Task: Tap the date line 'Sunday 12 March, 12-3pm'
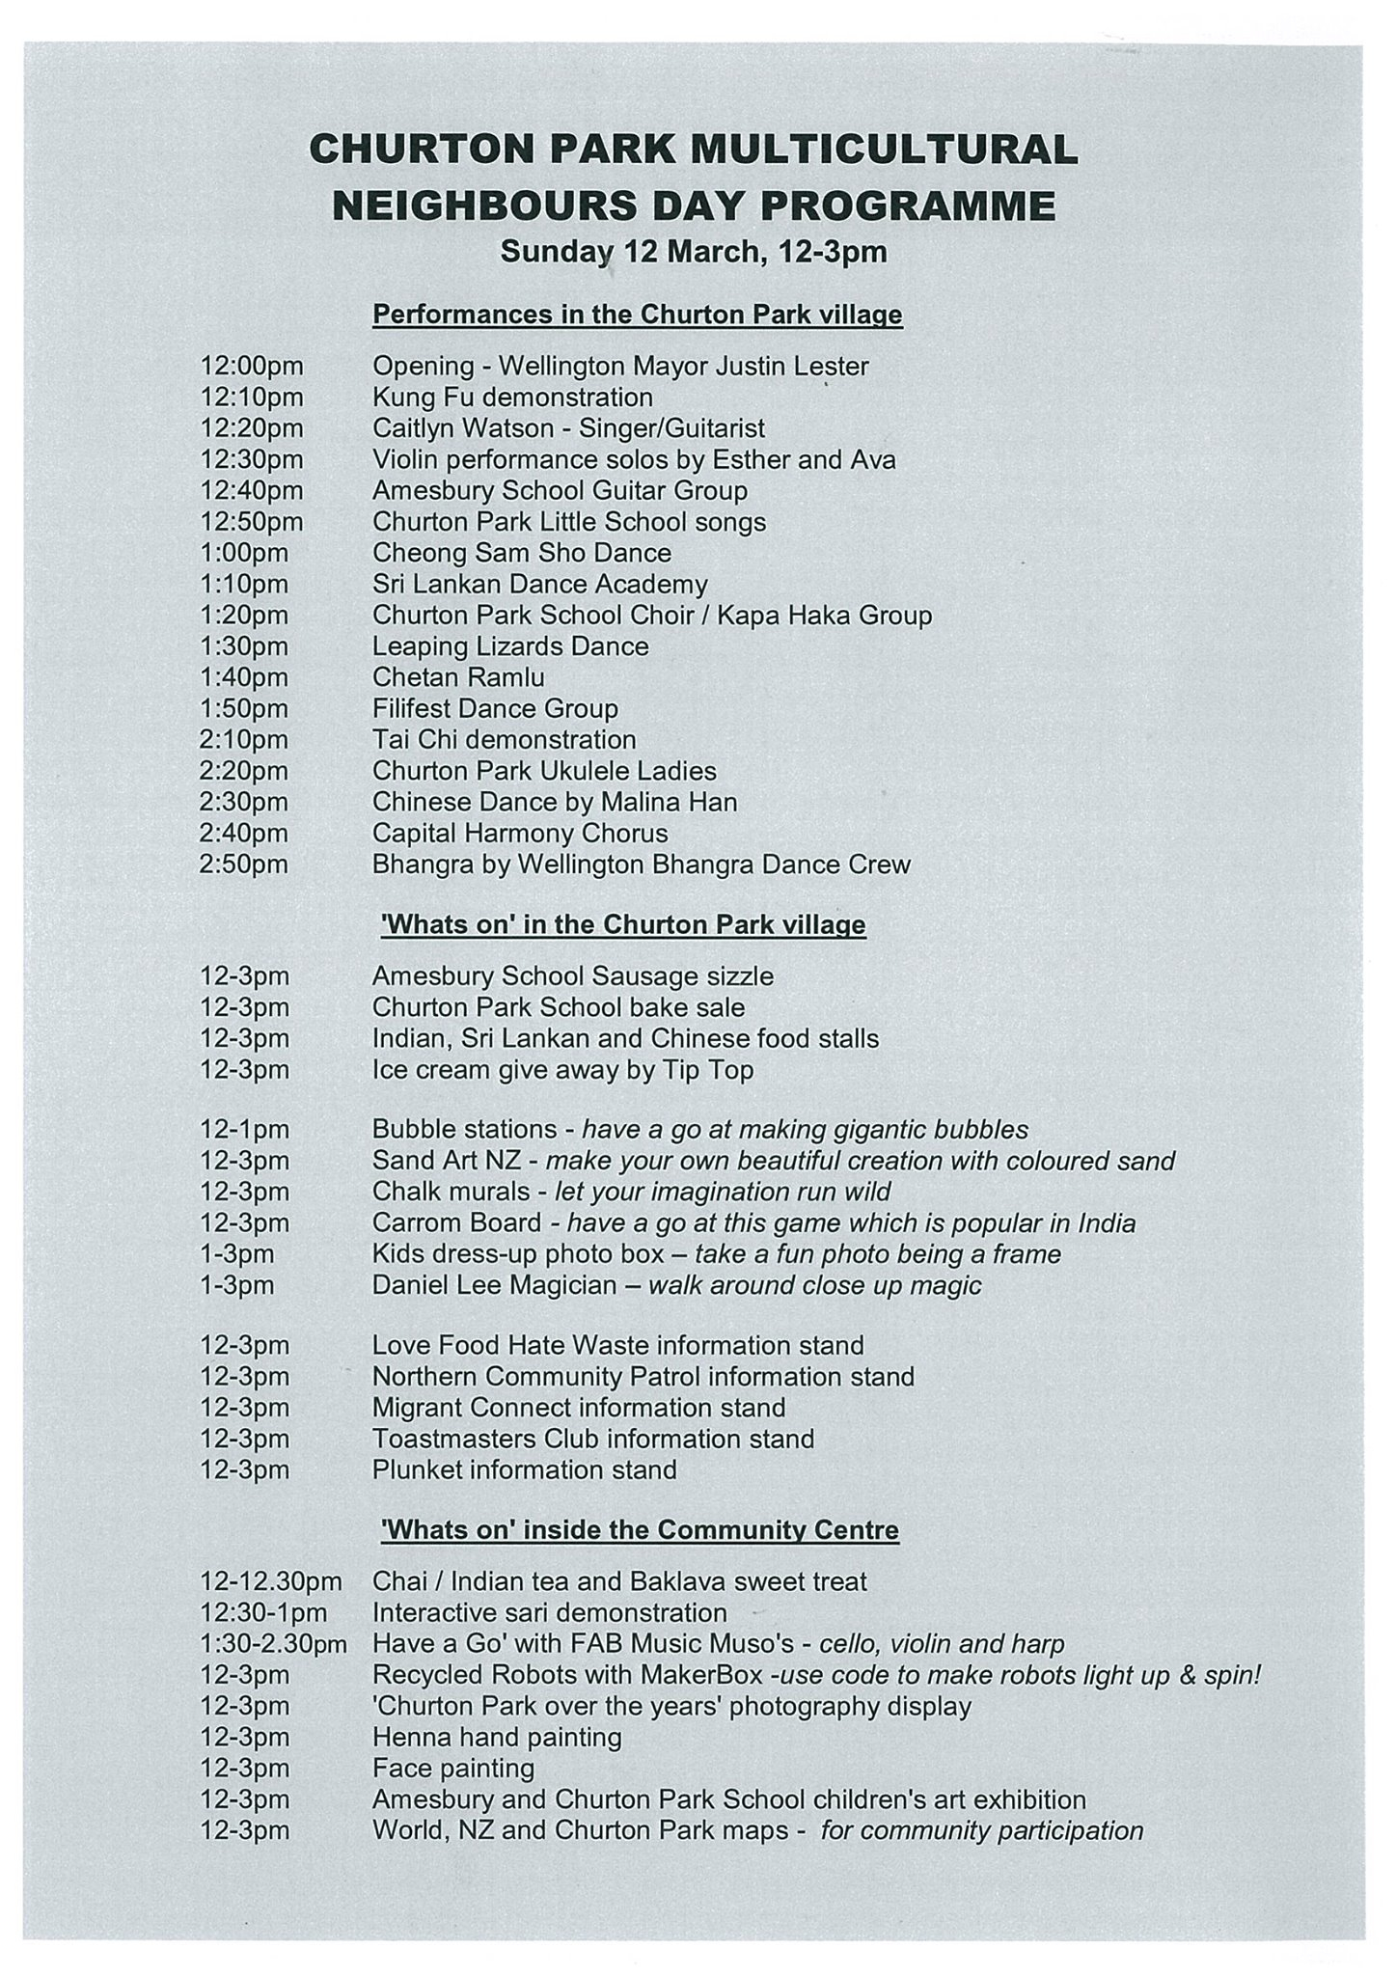pos(693,252)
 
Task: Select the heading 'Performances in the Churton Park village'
pos(638,315)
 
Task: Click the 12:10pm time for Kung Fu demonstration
pos(252,398)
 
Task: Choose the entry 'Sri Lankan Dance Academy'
pos(540,584)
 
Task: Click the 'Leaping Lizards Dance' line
pos(510,646)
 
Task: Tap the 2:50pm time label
pos(244,864)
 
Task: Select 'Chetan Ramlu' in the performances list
pos(458,677)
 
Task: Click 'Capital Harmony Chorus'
pos(520,833)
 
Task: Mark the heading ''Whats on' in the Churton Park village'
pos(624,924)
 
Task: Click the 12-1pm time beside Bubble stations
pos(244,1129)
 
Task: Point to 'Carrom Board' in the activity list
pos(456,1223)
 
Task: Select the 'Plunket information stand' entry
pos(525,1469)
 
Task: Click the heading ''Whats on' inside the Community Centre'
pos(636,1530)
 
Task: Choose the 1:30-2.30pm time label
pos(273,1644)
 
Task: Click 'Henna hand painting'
pos(497,1738)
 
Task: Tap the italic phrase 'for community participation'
pos(981,1831)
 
